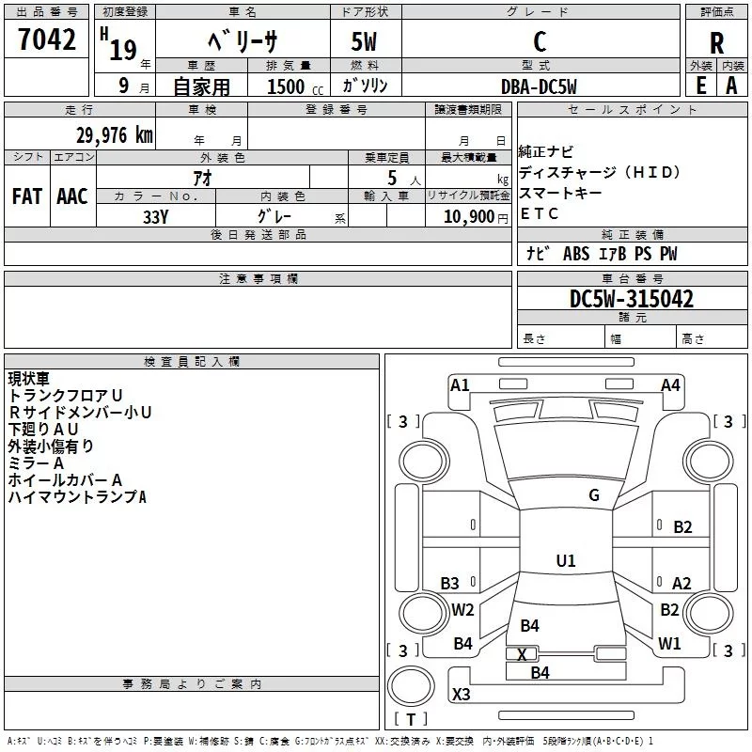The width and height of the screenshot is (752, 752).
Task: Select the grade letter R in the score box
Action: point(716,43)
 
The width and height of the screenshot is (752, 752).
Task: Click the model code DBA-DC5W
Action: point(539,86)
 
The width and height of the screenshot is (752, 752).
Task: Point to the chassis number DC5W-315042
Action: point(632,299)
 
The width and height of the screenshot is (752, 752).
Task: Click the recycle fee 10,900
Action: point(467,215)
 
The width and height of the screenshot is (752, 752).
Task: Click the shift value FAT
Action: point(27,196)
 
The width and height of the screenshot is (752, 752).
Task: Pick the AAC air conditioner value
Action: point(72,196)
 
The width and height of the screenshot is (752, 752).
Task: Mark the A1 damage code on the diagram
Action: point(460,384)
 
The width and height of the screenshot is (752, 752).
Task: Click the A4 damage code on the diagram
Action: point(670,384)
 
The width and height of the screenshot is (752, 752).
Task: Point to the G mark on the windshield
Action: point(593,495)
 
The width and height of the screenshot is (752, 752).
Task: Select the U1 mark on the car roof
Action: point(565,561)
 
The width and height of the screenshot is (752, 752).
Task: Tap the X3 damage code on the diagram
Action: point(461,695)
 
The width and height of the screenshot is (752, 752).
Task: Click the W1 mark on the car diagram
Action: point(669,644)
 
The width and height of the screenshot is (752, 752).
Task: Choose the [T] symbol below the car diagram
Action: point(410,720)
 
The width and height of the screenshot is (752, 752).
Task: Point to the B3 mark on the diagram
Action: point(449,584)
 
